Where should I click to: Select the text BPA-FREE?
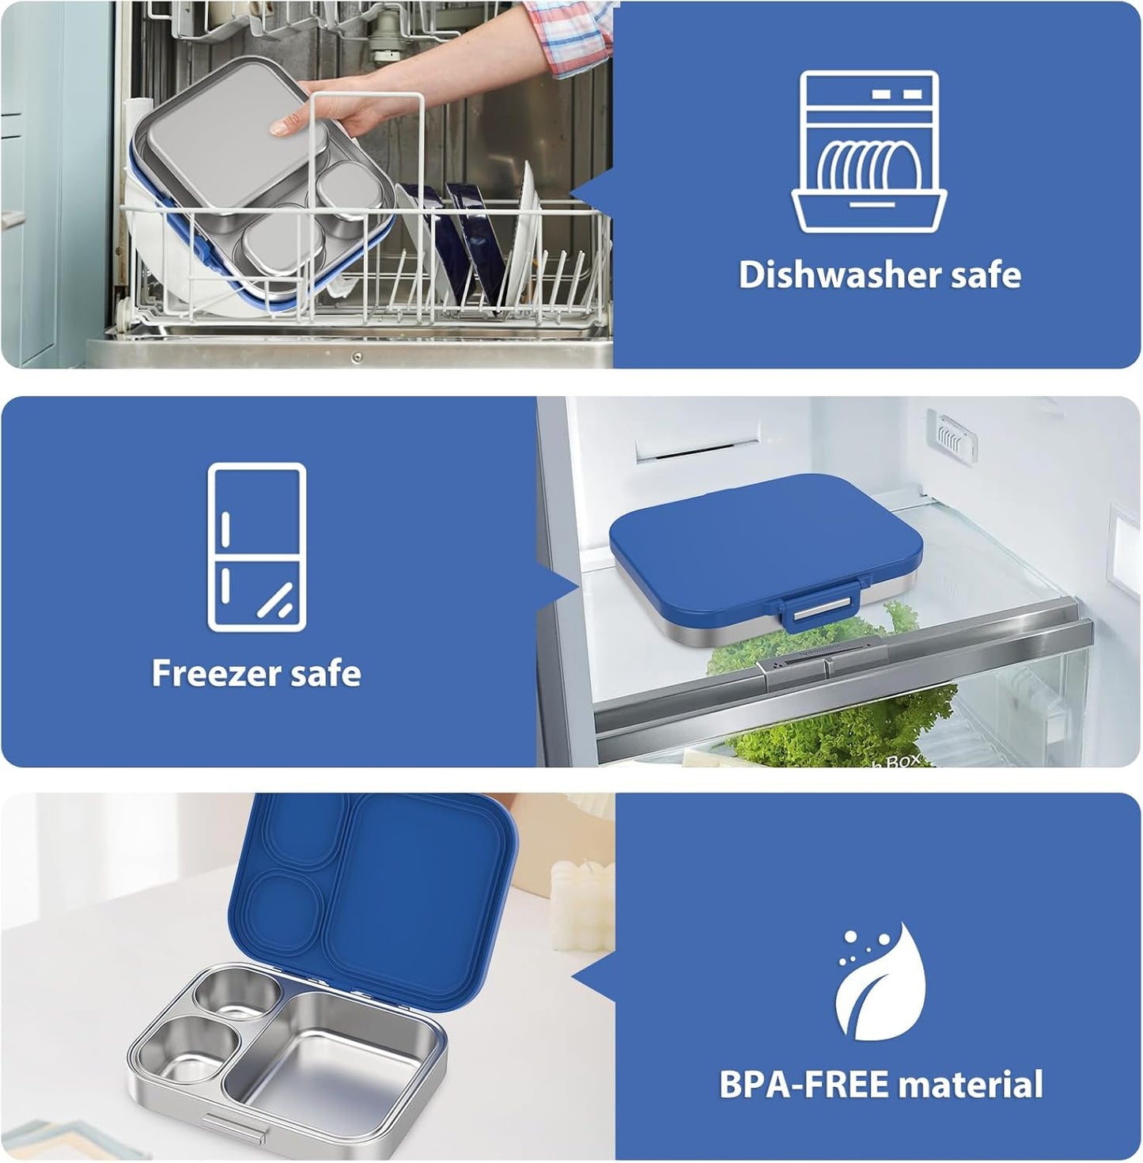click(803, 1085)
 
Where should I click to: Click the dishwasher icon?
click(869, 152)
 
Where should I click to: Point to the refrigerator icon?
click(256, 547)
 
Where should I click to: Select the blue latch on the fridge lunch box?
click(820, 608)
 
